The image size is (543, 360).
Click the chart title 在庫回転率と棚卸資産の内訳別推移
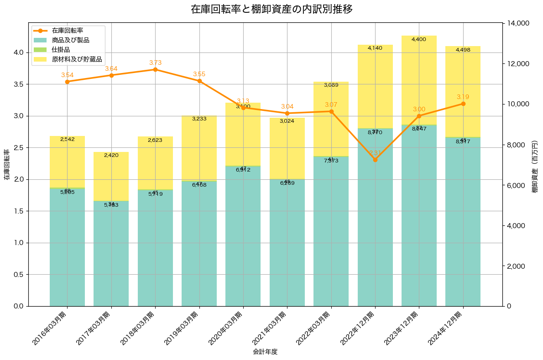coord(271,9)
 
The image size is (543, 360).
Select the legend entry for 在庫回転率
coord(67,31)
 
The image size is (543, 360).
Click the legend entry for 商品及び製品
coord(70,40)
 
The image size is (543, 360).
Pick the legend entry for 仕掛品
coord(61,50)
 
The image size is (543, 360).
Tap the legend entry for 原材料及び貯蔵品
coord(77,59)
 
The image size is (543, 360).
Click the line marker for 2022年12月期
coord(375,160)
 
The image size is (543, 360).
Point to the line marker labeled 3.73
coord(155,69)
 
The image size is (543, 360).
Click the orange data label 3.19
coord(463,97)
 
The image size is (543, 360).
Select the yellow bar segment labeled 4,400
coord(419,80)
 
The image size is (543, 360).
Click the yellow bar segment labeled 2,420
coord(111,176)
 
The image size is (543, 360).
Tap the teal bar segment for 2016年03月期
coord(67,246)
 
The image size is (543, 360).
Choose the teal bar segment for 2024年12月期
coord(463,221)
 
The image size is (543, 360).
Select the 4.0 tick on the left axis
coord(19,52)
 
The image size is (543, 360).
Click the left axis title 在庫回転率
coord(6,164)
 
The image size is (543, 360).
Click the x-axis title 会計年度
coord(265,352)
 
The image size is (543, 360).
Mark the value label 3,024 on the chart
coord(287,121)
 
